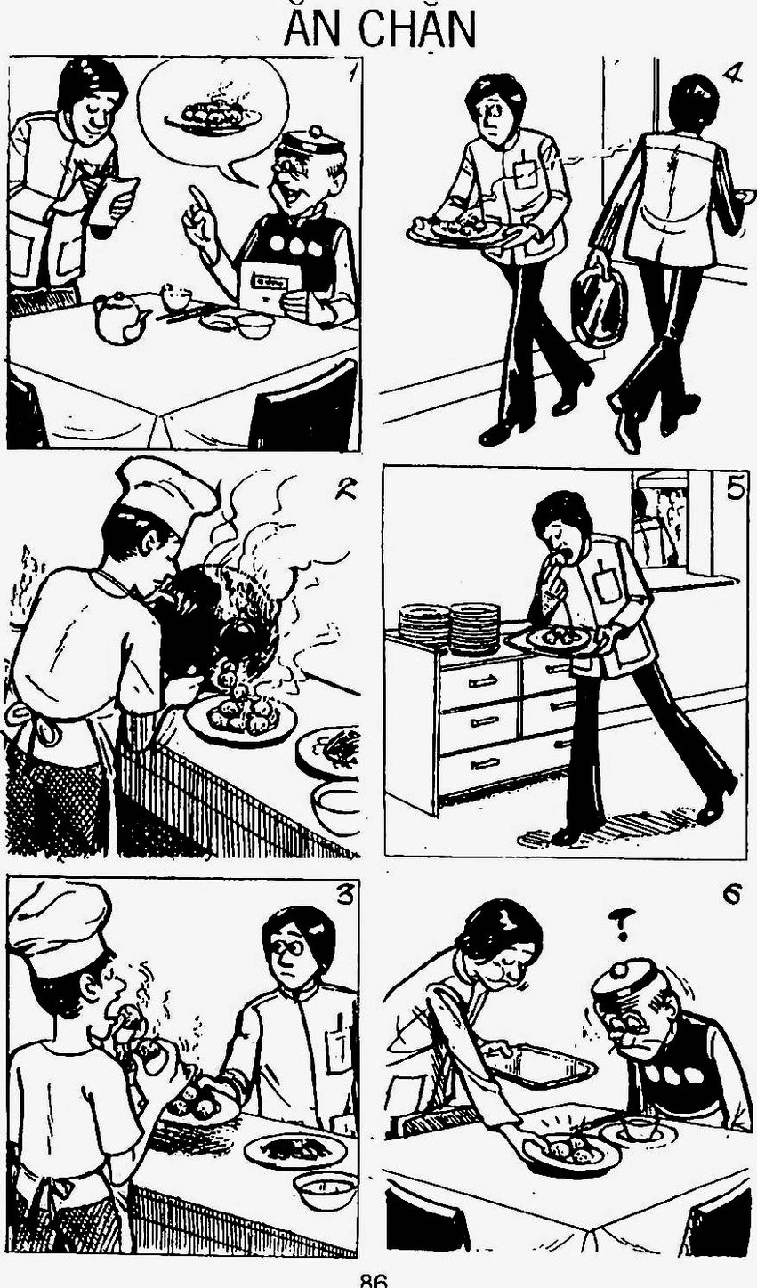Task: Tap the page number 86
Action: pyautogui.click(x=374, y=1281)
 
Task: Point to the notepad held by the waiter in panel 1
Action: pyautogui.click(x=115, y=200)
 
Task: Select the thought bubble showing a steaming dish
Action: pyautogui.click(x=214, y=118)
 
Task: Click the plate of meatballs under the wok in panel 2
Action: pyautogui.click(x=242, y=719)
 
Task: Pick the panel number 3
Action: pyautogui.click(x=343, y=895)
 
